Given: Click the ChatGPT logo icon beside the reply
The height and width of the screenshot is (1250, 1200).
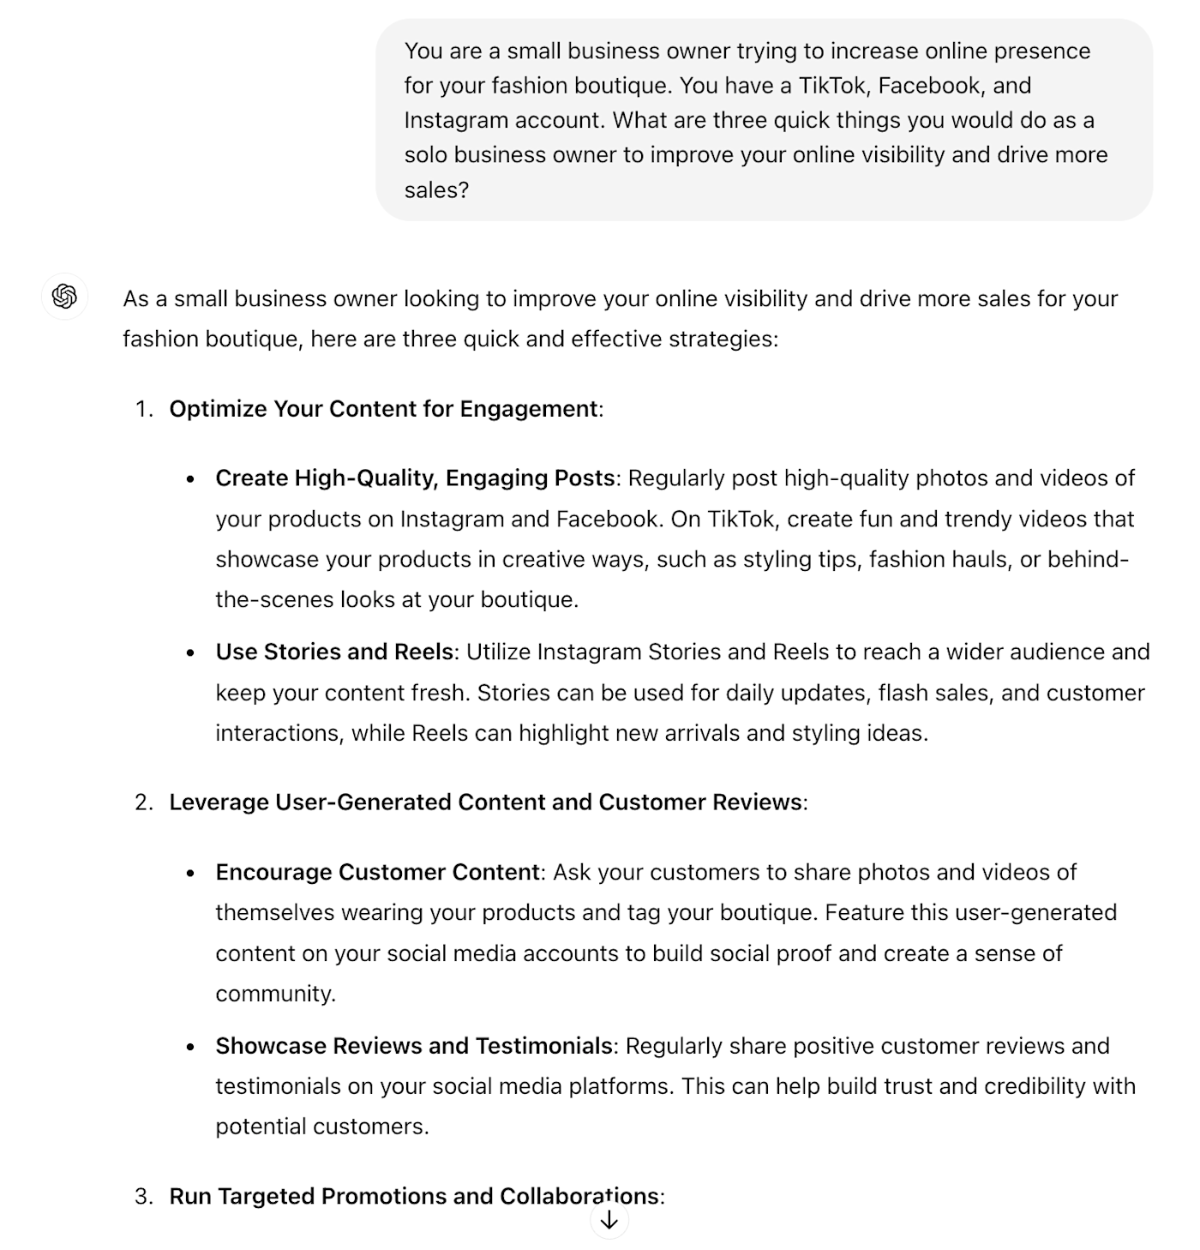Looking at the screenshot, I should point(64,297).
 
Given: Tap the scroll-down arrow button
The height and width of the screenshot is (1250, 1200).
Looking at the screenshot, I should point(609,1220).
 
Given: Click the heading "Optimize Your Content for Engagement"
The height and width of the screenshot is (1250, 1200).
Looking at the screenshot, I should point(383,409).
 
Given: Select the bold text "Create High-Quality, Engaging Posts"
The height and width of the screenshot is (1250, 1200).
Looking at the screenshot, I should point(415,478).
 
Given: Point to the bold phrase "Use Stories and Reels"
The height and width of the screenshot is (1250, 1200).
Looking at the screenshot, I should point(334,652).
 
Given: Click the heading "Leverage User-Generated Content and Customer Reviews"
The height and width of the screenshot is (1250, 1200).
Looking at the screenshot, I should point(485,802).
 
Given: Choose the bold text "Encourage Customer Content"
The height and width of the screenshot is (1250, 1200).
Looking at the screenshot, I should point(377,873).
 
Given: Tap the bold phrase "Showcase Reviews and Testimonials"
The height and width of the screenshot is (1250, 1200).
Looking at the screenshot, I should point(414,1047).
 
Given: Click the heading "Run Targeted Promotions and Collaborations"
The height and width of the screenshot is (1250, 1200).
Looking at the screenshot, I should point(414,1196).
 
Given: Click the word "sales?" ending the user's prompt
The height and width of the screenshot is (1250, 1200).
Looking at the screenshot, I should point(436,189).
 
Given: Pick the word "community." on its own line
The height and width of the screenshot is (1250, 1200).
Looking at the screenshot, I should point(275,994).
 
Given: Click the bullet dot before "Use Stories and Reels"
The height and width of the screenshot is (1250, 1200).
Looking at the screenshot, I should point(190,653).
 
